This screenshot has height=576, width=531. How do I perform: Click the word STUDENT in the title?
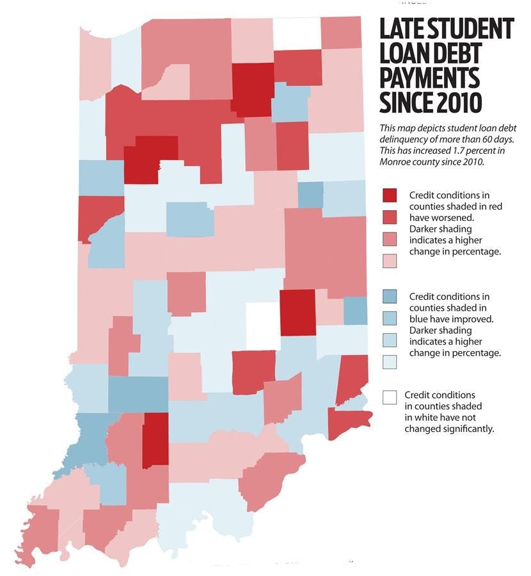pyautogui.click(x=472, y=29)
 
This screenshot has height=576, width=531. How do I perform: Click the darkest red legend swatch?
pyautogui.click(x=388, y=195)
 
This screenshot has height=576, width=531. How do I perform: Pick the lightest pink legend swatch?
pyautogui.click(x=388, y=260)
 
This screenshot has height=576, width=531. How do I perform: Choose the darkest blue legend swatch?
pyautogui.click(x=388, y=296)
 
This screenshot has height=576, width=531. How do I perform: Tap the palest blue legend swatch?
pyautogui.click(x=388, y=361)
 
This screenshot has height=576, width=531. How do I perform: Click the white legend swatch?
pyautogui.click(x=388, y=398)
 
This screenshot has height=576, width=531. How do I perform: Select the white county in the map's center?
pyautogui.click(x=262, y=326)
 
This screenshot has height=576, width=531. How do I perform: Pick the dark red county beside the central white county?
pyautogui.click(x=297, y=312)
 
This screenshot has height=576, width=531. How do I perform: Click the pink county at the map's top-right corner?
pyautogui.click(x=340, y=32)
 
